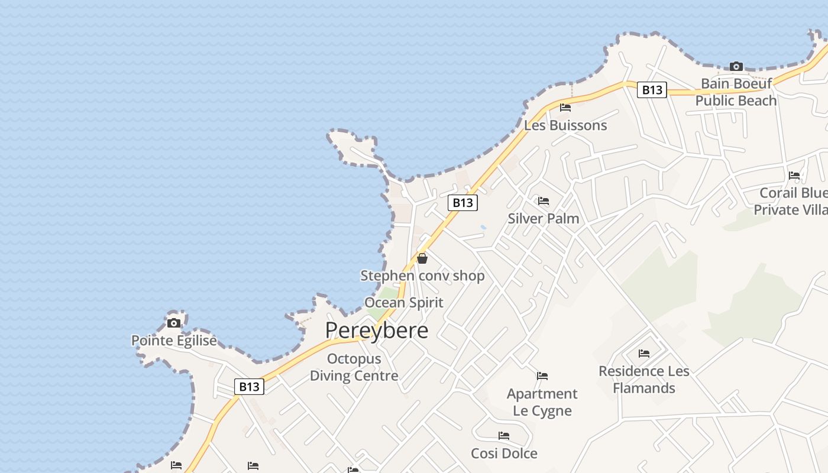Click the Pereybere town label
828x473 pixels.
pos(376,330)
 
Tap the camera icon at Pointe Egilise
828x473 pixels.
pos(174,323)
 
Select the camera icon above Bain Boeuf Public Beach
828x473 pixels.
pos(736,66)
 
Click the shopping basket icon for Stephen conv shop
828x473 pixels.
pos(422,258)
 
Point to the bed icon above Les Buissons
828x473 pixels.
pos(565,108)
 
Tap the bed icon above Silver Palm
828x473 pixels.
pos(544,201)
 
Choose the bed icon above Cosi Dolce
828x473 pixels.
pos(504,436)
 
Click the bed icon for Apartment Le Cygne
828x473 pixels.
pos(542,375)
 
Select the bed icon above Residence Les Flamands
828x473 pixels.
pos(644,354)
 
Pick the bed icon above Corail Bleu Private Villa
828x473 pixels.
pos(794,176)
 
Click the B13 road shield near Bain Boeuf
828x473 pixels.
pos(652,90)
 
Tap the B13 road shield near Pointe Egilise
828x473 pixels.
pos(249,387)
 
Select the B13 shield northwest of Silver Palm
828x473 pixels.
pos(462,203)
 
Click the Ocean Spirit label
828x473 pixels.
pos(403,303)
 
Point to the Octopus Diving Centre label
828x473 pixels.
pos(354,367)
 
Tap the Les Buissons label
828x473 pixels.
pos(565,125)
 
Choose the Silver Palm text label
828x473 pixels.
pos(544,218)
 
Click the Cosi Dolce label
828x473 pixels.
pos(504,453)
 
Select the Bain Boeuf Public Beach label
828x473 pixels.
pos(736,92)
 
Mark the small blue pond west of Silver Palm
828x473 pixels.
pos(484,227)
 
